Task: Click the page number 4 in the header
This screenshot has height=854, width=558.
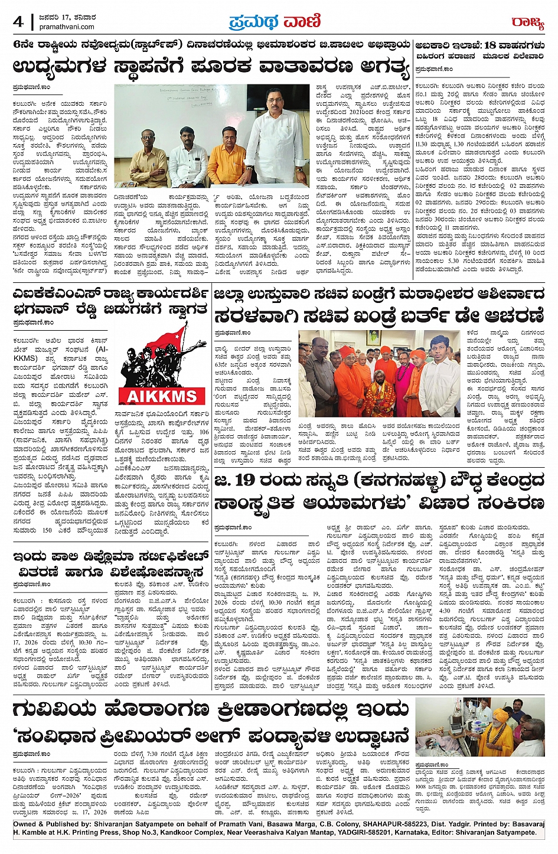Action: tap(18, 21)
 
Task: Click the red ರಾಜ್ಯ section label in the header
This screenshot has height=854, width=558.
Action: tap(527, 22)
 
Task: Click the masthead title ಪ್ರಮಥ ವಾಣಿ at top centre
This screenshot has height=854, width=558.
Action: tap(275, 22)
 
